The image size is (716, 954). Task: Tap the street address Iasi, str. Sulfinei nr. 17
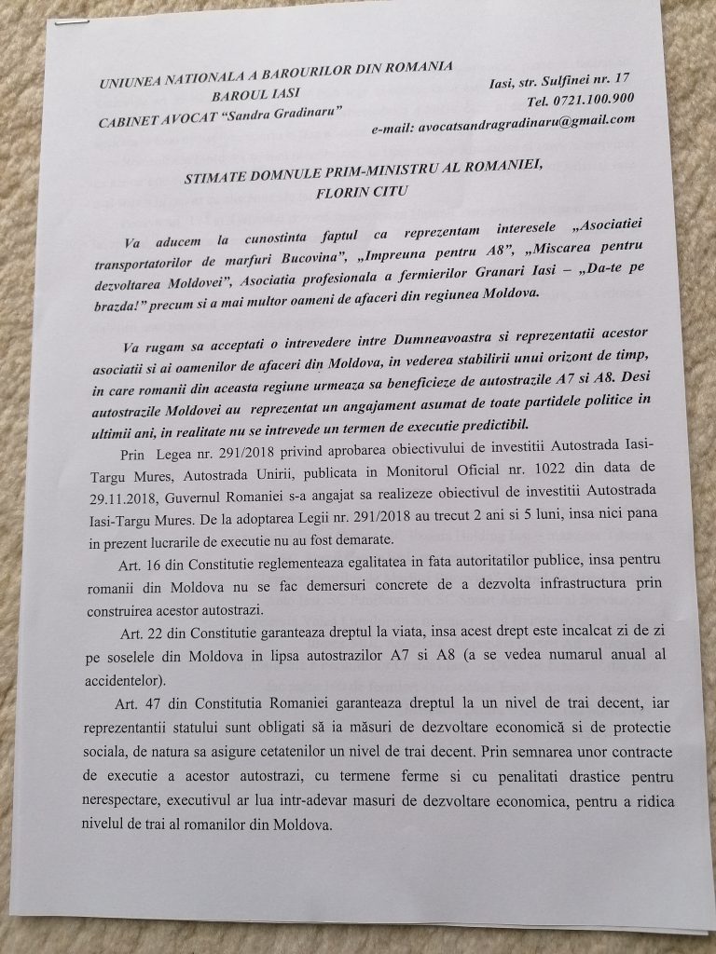coord(558,82)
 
